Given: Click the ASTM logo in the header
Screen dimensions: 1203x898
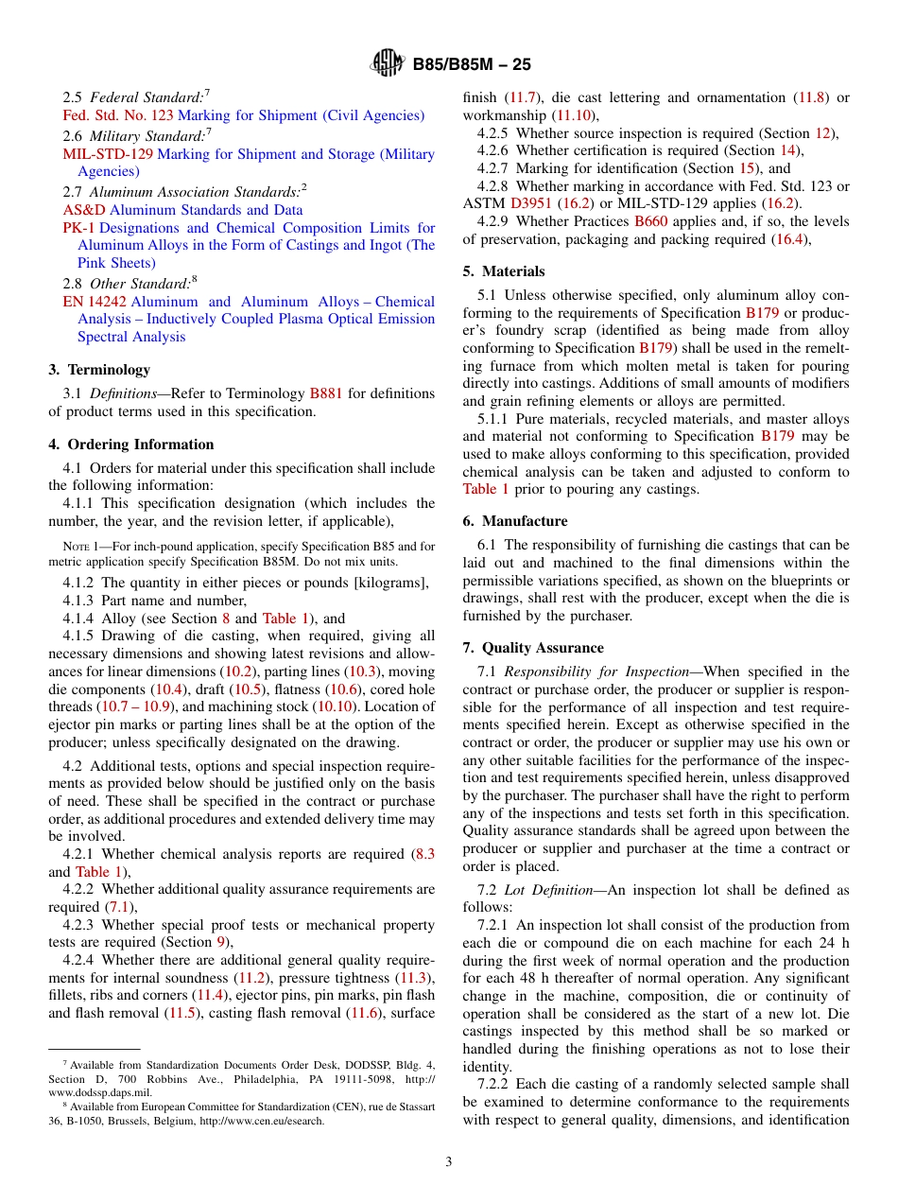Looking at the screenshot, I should pos(388,64).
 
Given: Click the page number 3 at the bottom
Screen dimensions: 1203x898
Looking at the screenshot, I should pos(449,1161).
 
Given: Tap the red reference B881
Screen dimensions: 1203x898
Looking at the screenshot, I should pos(326,393).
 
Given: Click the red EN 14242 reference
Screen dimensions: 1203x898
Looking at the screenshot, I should pos(95,302).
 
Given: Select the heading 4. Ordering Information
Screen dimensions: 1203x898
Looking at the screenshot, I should pos(131,445).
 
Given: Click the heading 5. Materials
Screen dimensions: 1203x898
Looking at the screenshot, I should pos(504,271).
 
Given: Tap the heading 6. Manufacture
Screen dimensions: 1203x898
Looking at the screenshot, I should pos(515,521).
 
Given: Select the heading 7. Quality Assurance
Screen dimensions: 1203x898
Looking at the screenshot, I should pos(533,648).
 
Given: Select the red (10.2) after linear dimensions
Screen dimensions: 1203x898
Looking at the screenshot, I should pos(236,671).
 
